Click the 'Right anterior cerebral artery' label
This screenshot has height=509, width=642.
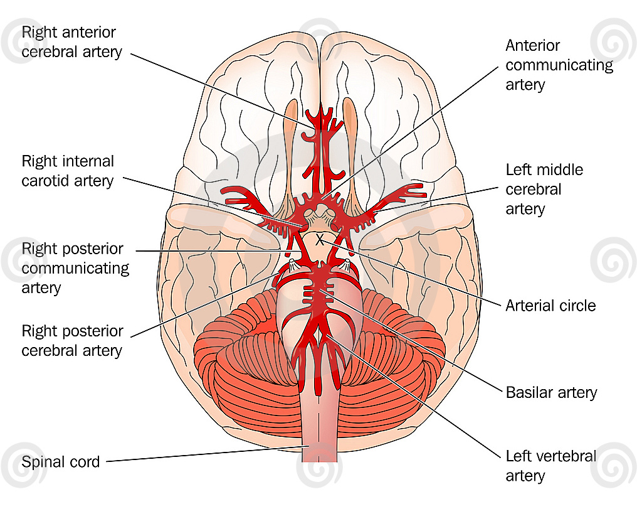(x=71, y=42)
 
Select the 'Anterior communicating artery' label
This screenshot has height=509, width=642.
(x=559, y=65)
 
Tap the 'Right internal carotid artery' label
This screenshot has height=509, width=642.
(x=68, y=171)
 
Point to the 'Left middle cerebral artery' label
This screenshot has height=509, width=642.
(x=544, y=189)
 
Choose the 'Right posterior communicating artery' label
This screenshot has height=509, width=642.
(x=75, y=268)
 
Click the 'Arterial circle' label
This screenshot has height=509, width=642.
(x=550, y=305)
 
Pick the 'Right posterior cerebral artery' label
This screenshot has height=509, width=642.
(x=72, y=341)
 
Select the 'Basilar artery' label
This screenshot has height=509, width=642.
(x=551, y=392)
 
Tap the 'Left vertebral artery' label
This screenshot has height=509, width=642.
(x=550, y=466)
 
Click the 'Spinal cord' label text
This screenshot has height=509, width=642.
(x=61, y=462)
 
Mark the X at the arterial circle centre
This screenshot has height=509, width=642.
(x=320, y=240)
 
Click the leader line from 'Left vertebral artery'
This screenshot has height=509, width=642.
(x=414, y=396)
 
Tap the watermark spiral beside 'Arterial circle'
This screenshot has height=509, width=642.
(x=613, y=260)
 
